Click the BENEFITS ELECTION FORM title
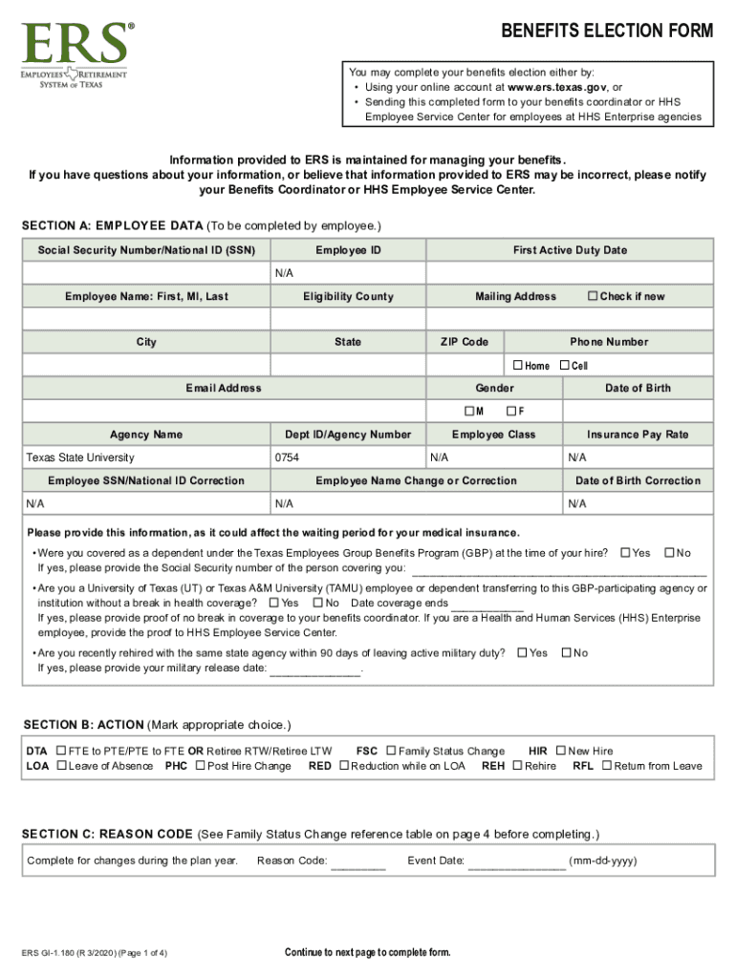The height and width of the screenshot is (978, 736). point(607,32)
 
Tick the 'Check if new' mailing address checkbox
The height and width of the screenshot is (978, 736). point(593,296)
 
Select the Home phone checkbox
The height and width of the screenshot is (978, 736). point(518,366)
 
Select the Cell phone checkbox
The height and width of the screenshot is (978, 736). point(564,366)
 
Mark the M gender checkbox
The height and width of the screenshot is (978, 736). point(469,412)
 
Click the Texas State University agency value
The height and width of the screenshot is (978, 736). point(80,457)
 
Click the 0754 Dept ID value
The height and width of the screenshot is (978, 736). point(287,457)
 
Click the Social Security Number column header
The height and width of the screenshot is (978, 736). point(146,250)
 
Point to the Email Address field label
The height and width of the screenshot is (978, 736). point(223,389)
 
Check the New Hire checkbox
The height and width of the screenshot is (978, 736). point(561,751)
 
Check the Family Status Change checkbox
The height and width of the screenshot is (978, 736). point(391,751)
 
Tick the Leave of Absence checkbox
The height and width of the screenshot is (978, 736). point(61,766)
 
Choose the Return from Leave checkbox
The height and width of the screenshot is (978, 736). point(607,766)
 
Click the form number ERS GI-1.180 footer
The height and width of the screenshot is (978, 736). point(96,953)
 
